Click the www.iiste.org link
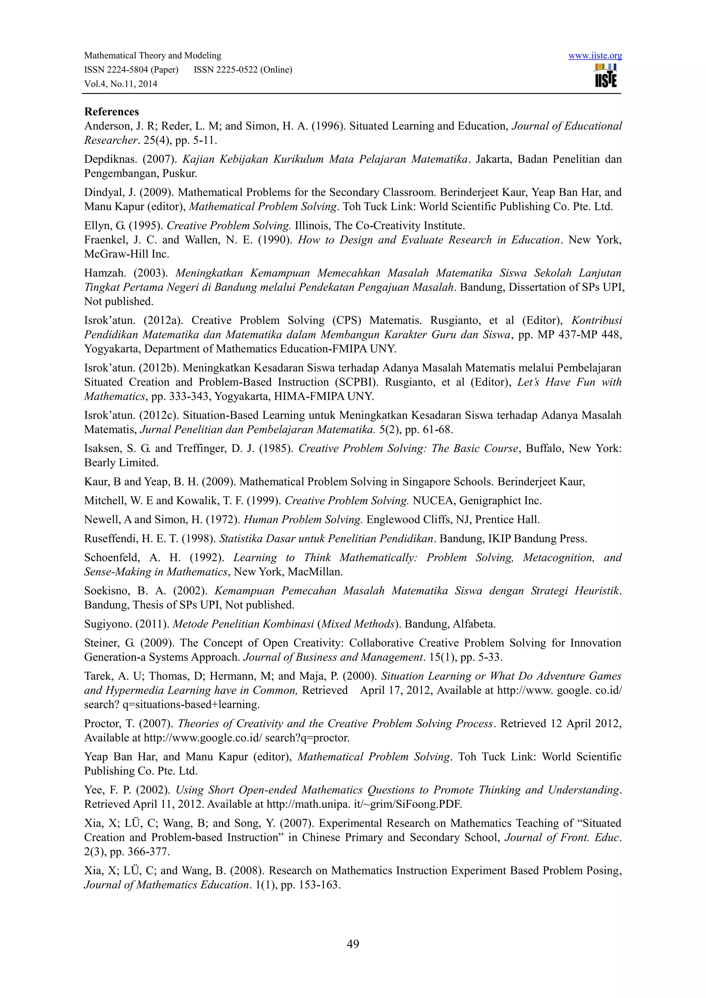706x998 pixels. click(x=595, y=55)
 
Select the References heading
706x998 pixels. click(x=111, y=112)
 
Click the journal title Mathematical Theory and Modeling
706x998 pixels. click(x=153, y=55)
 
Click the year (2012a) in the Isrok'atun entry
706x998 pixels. click(x=163, y=320)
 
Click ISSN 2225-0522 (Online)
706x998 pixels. click(x=243, y=70)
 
